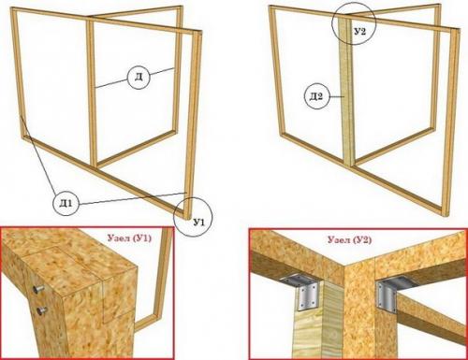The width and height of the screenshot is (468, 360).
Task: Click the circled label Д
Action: tap(139, 77)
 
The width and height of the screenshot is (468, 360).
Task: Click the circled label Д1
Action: tap(66, 204)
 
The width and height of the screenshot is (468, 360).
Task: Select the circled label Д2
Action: tap(316, 96)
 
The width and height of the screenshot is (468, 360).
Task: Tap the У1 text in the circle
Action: tap(199, 223)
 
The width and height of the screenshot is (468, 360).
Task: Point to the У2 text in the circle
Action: tap(360, 32)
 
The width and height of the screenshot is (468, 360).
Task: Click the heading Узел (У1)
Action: tap(129, 238)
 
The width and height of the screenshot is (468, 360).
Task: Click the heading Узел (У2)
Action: tap(349, 240)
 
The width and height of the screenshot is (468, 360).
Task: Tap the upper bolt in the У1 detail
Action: tap(38, 289)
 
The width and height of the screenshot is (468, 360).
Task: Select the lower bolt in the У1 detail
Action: tap(41, 310)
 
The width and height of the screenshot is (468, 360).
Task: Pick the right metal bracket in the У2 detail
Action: tap(390, 294)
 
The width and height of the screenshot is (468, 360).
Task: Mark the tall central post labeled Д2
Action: tap(345, 91)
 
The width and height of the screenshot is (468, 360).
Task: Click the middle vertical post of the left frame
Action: tap(92, 92)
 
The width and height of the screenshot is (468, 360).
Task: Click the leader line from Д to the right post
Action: tap(162, 71)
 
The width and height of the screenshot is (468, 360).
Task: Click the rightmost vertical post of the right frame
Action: tap(454, 122)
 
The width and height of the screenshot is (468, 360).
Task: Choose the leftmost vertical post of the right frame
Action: tap(278, 71)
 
